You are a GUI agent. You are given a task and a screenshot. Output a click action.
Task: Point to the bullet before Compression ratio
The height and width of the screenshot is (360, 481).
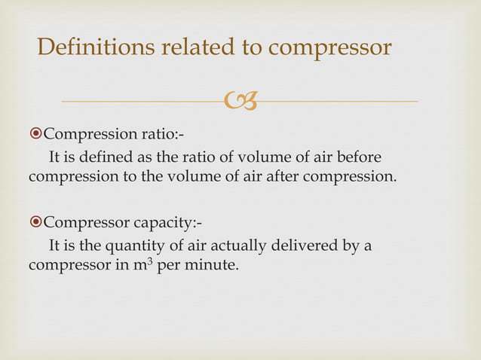click(x=35, y=135)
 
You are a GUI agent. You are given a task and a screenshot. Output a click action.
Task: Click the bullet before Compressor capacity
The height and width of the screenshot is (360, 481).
click(x=35, y=224)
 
